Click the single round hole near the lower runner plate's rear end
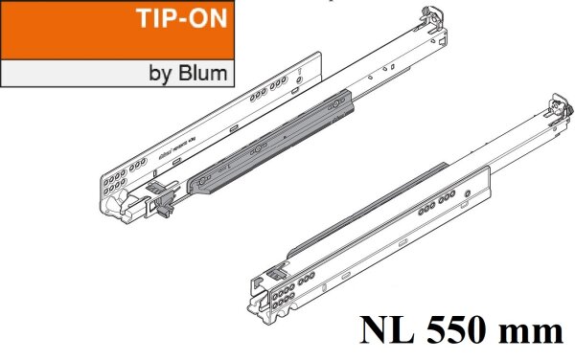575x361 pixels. pyautogui.click(x=466, y=194)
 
